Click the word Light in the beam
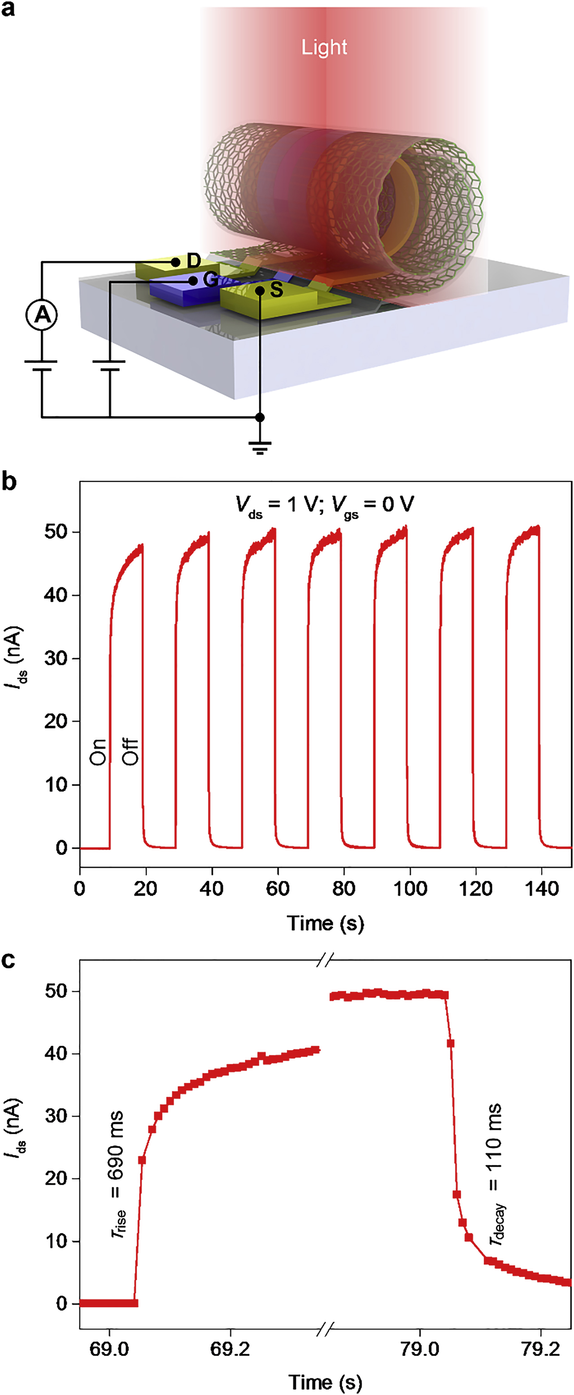click(324, 48)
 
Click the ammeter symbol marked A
click(42, 315)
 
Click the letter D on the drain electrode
click(194, 261)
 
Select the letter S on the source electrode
click(276, 289)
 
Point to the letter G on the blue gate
click(210, 280)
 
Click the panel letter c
click(8, 960)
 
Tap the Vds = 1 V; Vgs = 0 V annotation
click(325, 505)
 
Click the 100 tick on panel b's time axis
click(409, 889)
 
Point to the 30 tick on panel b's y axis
click(56, 659)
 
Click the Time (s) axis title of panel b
click(325, 923)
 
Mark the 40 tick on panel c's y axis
click(56, 1054)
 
